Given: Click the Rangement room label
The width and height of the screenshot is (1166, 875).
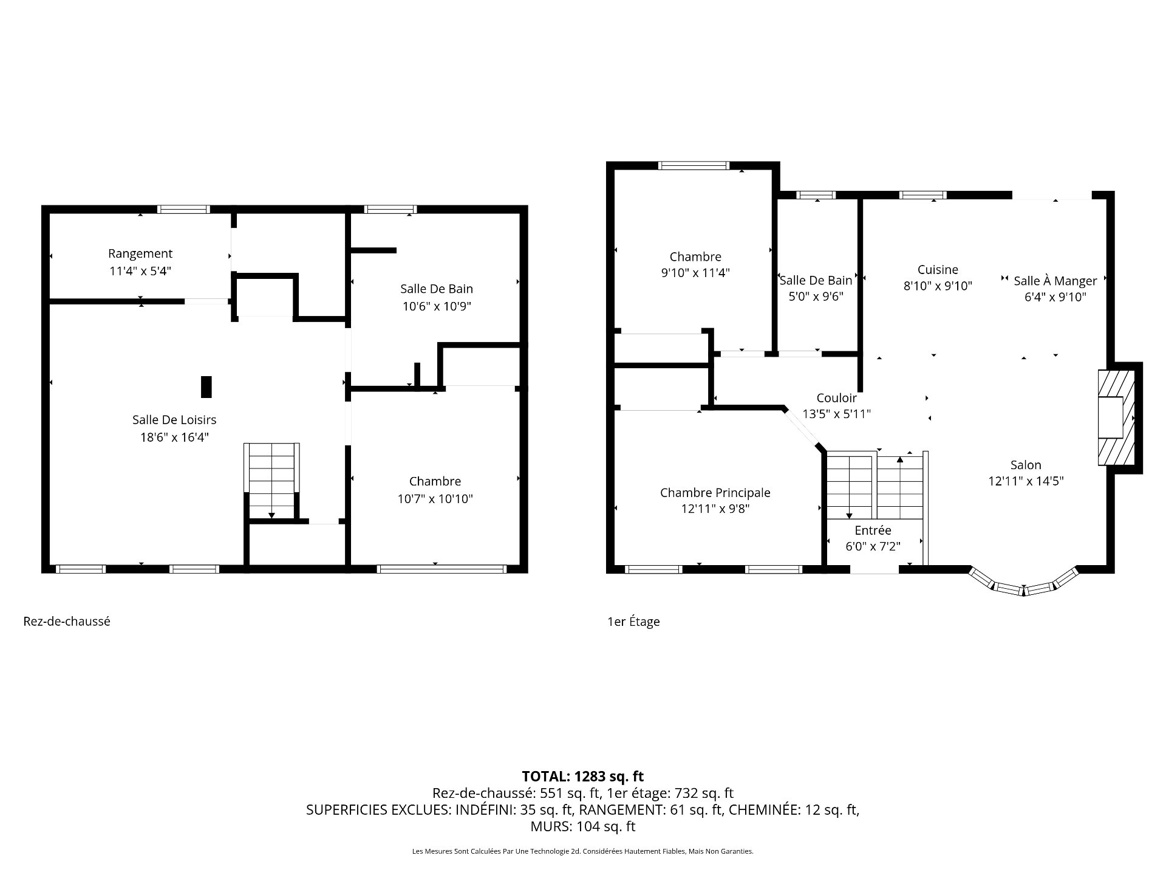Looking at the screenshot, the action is (140, 254).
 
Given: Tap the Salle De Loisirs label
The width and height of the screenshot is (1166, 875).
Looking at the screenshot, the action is (174, 420).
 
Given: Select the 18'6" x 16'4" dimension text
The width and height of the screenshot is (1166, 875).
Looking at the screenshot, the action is (174, 437).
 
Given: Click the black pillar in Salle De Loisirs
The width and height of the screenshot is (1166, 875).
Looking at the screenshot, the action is (206, 387).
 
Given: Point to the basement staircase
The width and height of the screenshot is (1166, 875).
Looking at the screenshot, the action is (271, 481).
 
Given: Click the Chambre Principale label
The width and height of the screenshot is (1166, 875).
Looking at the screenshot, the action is (715, 493).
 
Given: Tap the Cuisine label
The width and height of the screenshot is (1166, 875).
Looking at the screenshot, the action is (938, 270).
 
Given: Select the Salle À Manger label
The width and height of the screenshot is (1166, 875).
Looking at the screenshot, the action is (1055, 281).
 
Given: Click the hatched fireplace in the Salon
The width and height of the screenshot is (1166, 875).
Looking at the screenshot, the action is (1116, 417).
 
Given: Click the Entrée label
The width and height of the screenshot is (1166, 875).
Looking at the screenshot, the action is (873, 530).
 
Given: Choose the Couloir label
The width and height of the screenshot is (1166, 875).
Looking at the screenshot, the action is (837, 398).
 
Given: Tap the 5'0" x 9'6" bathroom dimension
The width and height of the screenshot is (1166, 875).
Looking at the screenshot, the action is (816, 297).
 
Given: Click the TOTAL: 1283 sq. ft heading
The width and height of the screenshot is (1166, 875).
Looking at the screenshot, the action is (583, 777).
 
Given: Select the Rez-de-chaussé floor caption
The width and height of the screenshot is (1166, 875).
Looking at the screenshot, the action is (67, 622).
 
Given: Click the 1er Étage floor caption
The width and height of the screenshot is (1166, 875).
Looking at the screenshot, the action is (633, 622).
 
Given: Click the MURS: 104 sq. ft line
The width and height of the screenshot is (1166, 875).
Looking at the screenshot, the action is (583, 827).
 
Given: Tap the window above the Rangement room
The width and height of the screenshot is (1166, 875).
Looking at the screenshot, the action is (183, 210).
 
